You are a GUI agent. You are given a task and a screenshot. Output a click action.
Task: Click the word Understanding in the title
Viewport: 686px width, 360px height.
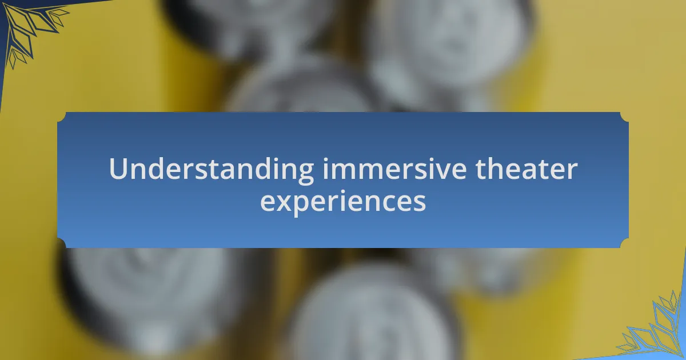tap(212, 170)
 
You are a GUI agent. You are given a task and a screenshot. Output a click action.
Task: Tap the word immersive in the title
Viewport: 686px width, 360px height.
tap(394, 169)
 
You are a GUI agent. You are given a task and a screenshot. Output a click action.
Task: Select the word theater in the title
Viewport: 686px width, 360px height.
tap(527, 169)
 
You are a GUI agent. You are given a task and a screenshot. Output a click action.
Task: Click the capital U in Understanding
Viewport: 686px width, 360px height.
tap(118, 169)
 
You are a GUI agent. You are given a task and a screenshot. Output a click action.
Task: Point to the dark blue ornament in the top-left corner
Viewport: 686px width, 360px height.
tap(31, 31)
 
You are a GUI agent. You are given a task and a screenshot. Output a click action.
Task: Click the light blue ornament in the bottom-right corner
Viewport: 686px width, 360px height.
tap(655, 331)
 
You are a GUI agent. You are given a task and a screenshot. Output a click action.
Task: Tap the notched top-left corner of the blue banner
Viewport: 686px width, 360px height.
tap(61, 117)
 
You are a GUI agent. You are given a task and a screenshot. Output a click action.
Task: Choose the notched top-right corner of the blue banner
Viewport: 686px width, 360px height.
tap(624, 117)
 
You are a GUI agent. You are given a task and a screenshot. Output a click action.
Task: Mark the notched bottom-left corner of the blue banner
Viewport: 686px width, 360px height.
tap(61, 243)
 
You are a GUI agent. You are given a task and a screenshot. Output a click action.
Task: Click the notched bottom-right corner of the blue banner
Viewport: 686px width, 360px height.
tap(624, 243)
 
